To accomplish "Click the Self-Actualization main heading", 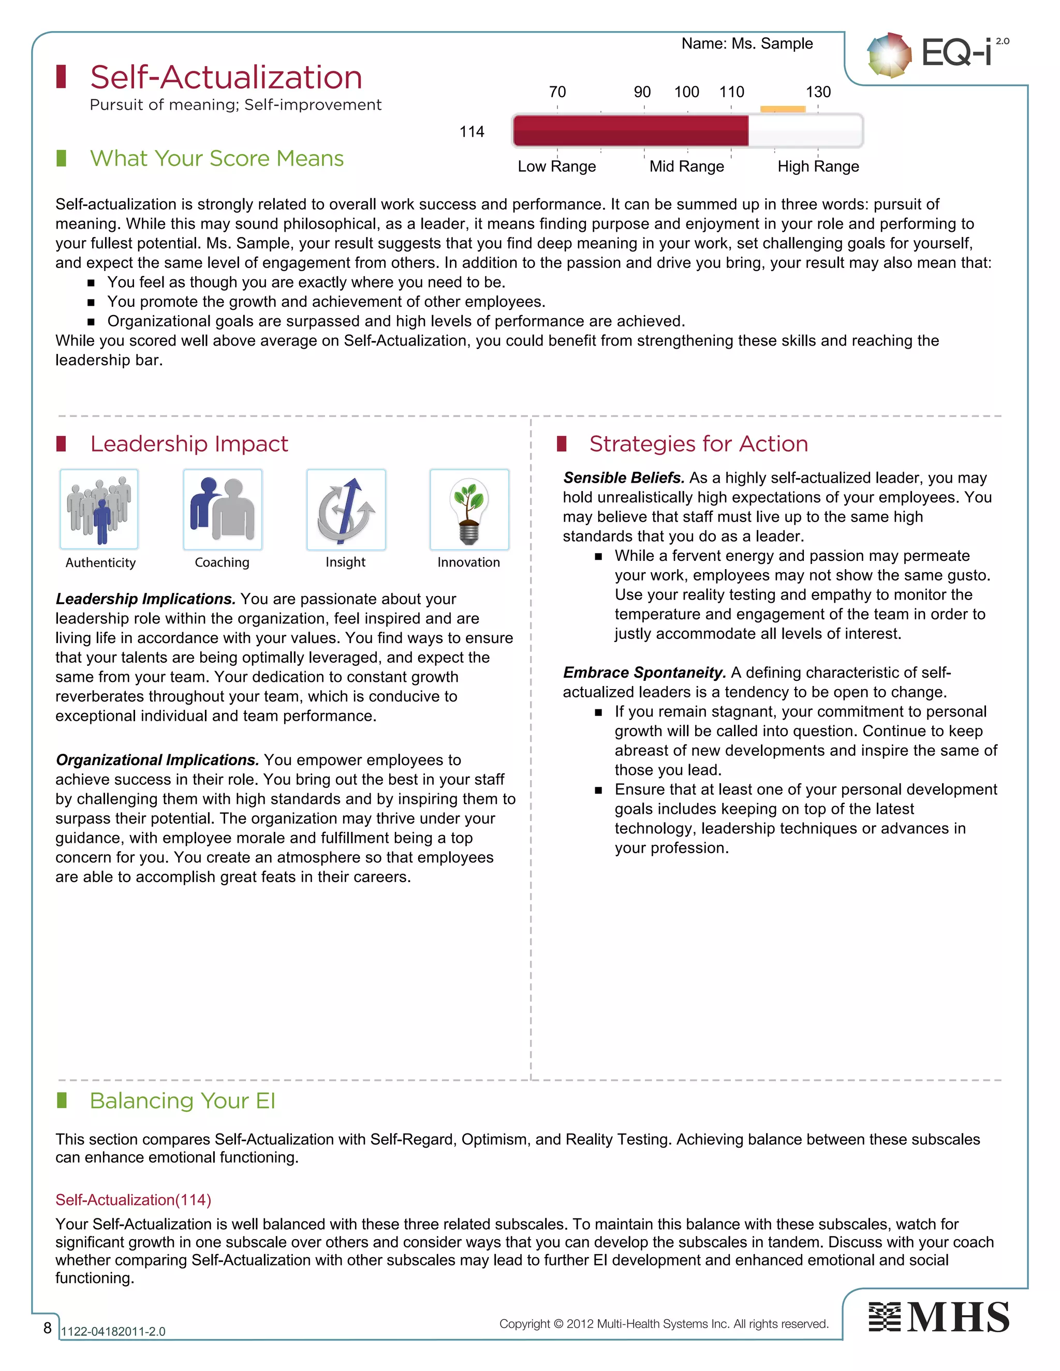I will point(226,77).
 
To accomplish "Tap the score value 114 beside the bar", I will point(472,132).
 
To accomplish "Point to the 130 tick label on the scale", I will point(818,92).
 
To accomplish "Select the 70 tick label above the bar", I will point(557,92).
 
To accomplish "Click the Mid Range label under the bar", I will point(686,167).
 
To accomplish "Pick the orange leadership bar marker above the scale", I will point(783,109).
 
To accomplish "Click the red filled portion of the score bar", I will point(630,130).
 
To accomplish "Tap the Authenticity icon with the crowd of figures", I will point(99,509).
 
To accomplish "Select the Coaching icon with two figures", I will point(222,509).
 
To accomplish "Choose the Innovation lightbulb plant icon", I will point(469,509).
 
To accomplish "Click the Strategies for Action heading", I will point(698,444).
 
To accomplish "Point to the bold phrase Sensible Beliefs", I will point(624,478).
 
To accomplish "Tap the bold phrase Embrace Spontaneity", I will point(644,673).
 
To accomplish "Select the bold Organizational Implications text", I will point(157,759).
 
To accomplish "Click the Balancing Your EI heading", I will point(182,1101).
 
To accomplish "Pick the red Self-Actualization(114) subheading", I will point(133,1200).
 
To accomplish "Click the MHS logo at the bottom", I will point(939,1317).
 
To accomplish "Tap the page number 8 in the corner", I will point(47,1327).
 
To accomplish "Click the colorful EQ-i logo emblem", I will point(889,55).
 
